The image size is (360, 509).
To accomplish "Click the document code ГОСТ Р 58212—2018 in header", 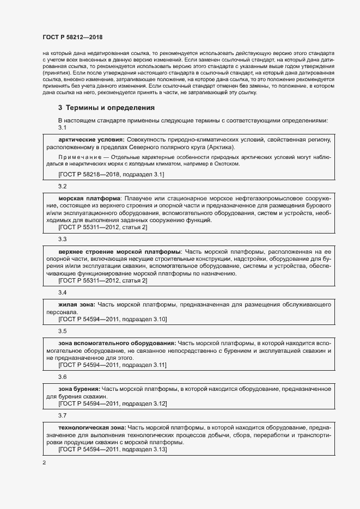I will [x=72, y=38].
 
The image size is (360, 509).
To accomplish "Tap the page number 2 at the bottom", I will [x=44, y=463].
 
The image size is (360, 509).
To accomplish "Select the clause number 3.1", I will [x=62, y=127].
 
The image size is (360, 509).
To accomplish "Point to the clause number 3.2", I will [x=62, y=186].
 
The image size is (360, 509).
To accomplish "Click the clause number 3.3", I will [x=62, y=239].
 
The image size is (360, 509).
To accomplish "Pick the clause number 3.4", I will [x=62, y=292].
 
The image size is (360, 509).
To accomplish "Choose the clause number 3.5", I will [x=62, y=331].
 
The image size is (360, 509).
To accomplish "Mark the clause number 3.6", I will [x=62, y=377].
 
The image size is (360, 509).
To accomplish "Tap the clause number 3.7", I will [x=62, y=415].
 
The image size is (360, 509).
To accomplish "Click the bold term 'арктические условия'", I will [x=91, y=140].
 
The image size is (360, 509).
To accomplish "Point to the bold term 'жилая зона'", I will [x=77, y=305].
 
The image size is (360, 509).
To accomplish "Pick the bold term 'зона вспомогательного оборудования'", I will [x=117, y=344].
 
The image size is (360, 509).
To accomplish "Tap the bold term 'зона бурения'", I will [x=78, y=389].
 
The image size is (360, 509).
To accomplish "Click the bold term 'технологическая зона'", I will [x=92, y=428].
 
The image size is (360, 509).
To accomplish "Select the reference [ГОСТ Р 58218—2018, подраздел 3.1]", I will [x=111, y=174].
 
